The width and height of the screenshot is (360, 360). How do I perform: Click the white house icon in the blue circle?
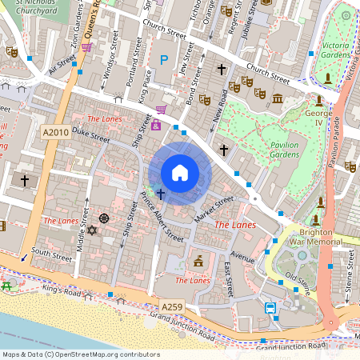click(x=180, y=172)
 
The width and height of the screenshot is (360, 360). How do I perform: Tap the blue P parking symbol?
click(x=165, y=60)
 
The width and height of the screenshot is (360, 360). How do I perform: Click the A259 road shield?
click(x=171, y=306)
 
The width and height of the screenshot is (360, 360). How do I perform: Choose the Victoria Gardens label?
click(x=337, y=51)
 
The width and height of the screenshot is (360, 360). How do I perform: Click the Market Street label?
click(x=212, y=210)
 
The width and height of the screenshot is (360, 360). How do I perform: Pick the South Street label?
click(x=51, y=254)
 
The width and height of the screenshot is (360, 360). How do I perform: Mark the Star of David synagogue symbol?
click(x=91, y=231)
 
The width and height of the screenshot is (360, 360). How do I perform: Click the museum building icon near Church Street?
click(x=278, y=98)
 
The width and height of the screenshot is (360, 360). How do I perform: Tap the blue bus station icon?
click(x=271, y=307)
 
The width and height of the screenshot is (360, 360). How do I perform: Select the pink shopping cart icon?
click(x=161, y=110)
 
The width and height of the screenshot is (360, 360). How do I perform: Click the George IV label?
click(x=318, y=120)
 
